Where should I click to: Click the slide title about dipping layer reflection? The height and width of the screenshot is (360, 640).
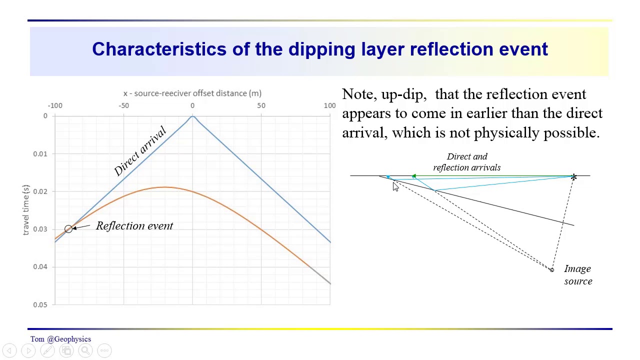(x=320, y=49)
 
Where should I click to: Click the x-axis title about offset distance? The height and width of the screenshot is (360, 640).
(x=192, y=93)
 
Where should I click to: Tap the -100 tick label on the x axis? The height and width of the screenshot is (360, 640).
(x=55, y=105)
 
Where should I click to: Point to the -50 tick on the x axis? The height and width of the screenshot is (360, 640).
(x=123, y=105)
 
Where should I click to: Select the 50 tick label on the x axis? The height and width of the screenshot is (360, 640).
(x=261, y=105)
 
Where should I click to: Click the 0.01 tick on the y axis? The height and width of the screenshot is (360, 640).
(x=40, y=153)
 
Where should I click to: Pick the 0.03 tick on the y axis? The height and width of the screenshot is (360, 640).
(x=40, y=229)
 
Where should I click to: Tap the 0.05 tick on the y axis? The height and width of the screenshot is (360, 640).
(x=40, y=304)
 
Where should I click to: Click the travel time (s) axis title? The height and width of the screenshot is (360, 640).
(x=26, y=210)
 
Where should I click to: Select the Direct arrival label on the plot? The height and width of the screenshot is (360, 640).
(x=140, y=151)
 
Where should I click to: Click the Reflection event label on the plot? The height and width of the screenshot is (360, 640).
(x=134, y=226)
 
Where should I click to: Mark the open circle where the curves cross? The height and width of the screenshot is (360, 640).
(x=68, y=229)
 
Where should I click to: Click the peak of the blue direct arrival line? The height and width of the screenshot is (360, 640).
(x=192, y=116)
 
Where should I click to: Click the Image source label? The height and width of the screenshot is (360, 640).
(x=578, y=275)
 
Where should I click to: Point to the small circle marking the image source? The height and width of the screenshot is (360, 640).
(x=551, y=270)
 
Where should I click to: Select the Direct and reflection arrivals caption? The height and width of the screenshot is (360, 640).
(x=466, y=162)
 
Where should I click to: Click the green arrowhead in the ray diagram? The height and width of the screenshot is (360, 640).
(x=414, y=176)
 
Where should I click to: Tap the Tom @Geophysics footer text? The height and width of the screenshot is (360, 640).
(x=60, y=339)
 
